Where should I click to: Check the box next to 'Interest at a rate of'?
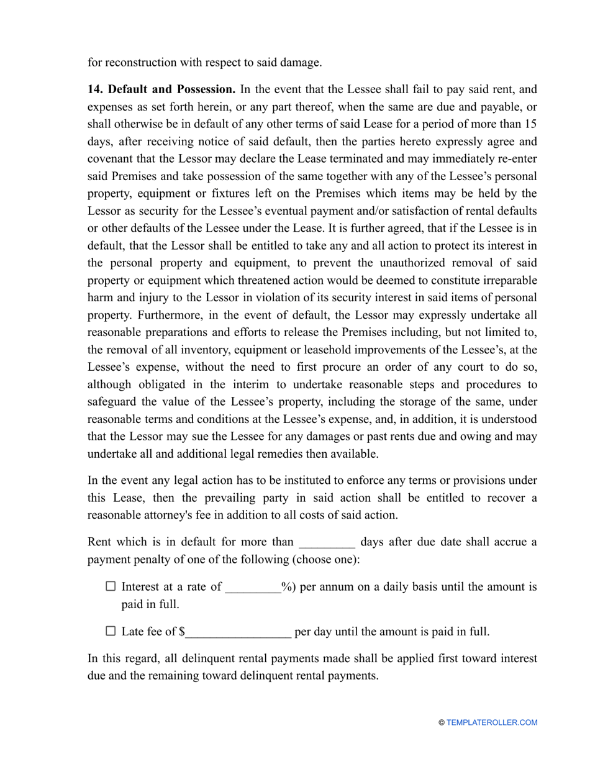point(111,586)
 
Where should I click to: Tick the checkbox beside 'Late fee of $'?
point(111,631)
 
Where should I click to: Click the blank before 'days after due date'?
point(327,542)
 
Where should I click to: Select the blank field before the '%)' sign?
point(253,587)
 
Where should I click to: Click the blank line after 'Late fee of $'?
point(238,632)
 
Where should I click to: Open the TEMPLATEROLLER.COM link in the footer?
point(491,722)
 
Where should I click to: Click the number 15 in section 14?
point(531,124)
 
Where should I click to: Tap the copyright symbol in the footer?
point(442,722)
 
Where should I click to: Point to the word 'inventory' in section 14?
point(211,350)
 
